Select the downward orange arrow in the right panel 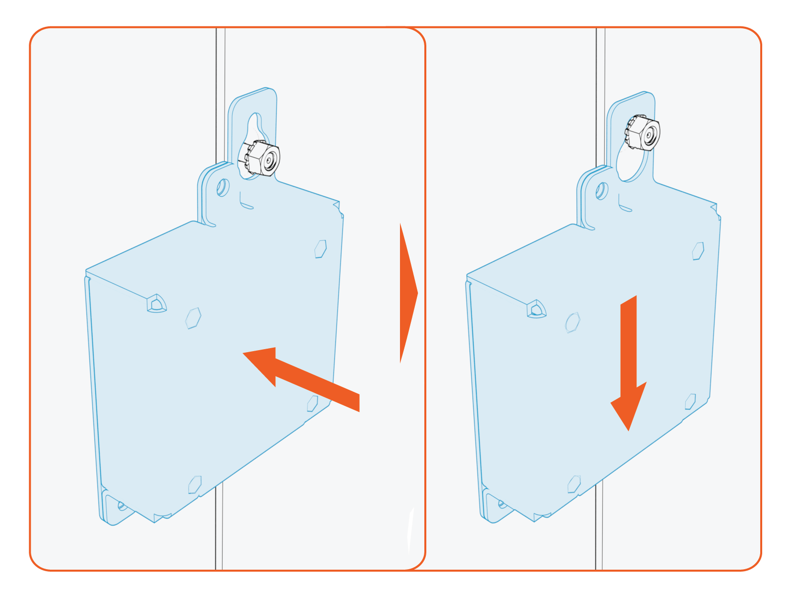[x=629, y=363]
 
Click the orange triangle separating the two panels [x=407, y=293]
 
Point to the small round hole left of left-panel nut [x=222, y=188]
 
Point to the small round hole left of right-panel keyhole [x=601, y=191]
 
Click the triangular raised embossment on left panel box [x=156, y=303]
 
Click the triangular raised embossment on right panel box [x=536, y=309]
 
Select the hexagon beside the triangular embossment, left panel [x=193, y=318]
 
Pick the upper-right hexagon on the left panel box [x=320, y=249]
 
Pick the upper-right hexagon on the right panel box [x=698, y=251]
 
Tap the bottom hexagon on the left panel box [x=194, y=484]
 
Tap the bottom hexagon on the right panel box [x=574, y=484]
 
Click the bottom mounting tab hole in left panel [x=121, y=506]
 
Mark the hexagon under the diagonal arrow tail [x=312, y=403]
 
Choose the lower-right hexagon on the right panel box [x=690, y=401]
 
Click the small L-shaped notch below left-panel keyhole [x=245, y=203]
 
